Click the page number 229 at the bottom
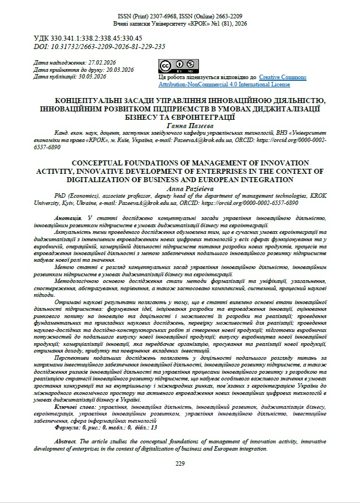tap(180, 463)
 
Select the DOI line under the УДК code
tap(100, 46)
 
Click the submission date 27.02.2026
tap(100, 62)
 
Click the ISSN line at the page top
tap(179, 17)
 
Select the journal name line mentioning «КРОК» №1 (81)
tap(179, 25)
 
